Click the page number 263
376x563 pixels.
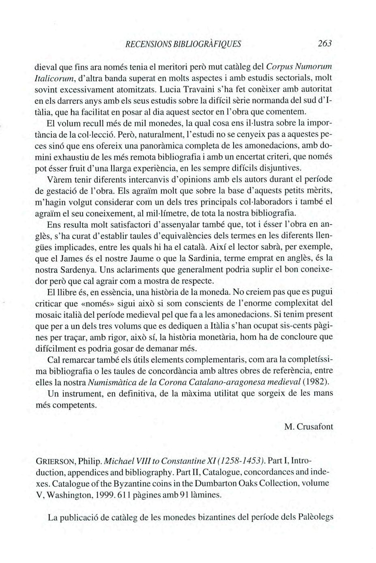325,43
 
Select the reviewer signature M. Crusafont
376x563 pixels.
309,427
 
